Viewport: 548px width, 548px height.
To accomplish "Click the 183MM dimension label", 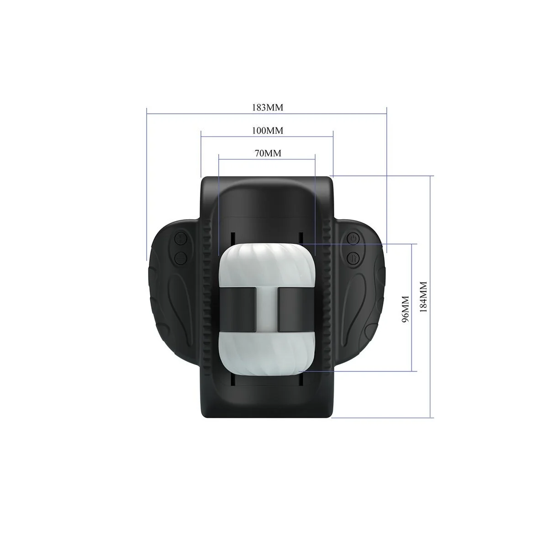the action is (x=268, y=107).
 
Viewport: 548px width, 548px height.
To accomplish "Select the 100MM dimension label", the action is (x=268, y=131).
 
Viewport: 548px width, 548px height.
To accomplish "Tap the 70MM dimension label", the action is (x=268, y=153).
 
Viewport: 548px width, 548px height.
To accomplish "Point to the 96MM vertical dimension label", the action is (x=405, y=309).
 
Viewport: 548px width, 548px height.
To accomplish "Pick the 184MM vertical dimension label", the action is (x=423, y=297).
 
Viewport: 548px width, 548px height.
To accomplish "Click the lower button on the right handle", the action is (x=353, y=258).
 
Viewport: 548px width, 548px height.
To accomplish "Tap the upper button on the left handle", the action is (x=180, y=238).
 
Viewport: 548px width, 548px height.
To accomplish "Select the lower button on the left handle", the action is (x=180, y=258).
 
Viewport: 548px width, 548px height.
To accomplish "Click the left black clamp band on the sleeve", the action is (x=238, y=310).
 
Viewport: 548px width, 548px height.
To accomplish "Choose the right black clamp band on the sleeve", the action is (x=296, y=310).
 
